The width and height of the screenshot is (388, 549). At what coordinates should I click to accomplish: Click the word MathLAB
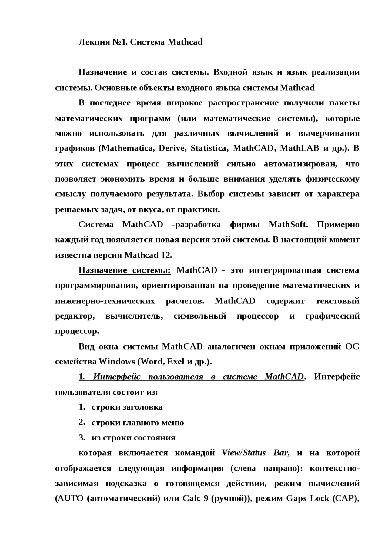tap(299, 148)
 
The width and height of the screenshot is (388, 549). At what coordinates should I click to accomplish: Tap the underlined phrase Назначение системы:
tap(125, 270)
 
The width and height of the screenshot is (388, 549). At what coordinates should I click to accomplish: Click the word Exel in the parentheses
tap(176, 362)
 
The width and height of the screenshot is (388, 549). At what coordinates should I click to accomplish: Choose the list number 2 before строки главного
tap(81, 422)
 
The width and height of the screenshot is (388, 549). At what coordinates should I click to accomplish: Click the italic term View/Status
tap(244, 453)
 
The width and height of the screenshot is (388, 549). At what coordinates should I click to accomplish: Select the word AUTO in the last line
tap(69, 499)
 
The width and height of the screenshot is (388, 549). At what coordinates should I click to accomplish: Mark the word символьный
tap(200, 316)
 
